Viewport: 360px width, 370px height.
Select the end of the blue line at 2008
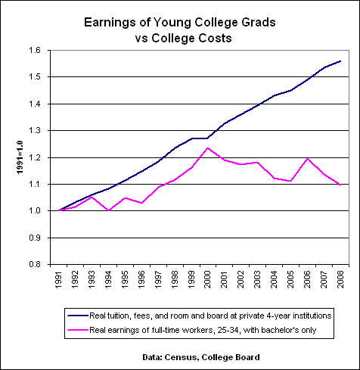point(340,61)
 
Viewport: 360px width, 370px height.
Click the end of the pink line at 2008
point(340,185)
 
